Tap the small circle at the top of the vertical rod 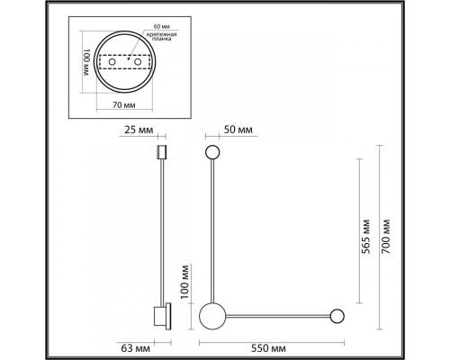tap(213, 153)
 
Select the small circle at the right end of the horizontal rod tap(337, 315)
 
